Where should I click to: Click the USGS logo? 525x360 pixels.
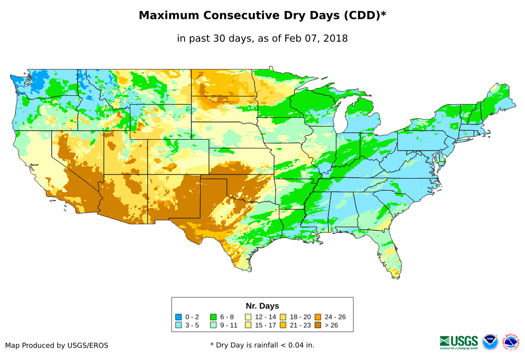[x=459, y=342]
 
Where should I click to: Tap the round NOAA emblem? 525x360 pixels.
[x=490, y=342]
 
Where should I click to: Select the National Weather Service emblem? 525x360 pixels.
[x=511, y=342]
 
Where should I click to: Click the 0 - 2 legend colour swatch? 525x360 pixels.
[x=178, y=317]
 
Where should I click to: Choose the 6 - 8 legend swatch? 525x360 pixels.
[x=213, y=317]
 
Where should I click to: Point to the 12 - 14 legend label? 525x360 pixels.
[x=265, y=317]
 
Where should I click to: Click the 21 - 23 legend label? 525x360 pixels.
[x=300, y=325]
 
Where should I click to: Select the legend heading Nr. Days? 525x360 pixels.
[x=262, y=306]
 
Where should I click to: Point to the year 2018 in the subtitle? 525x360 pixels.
[x=335, y=38]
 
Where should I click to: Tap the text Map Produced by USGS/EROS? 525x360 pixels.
[x=57, y=345]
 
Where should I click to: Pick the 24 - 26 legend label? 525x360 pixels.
[x=335, y=317]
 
